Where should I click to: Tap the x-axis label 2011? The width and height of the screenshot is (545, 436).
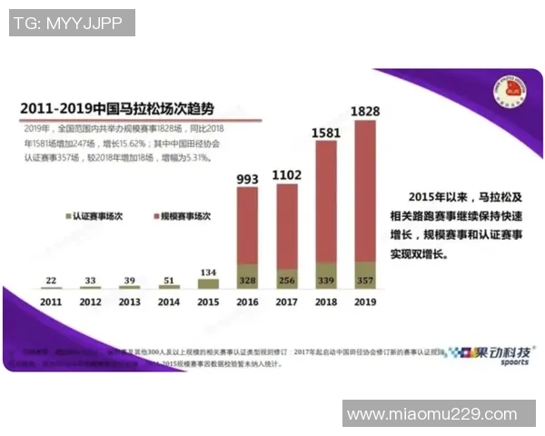click(x=51, y=302)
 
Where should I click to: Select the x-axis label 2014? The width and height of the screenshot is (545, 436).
click(x=169, y=302)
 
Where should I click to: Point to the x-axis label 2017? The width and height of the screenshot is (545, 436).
click(x=287, y=302)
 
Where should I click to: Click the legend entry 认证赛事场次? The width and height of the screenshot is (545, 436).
click(x=96, y=217)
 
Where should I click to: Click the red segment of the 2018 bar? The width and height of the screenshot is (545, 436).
click(x=325, y=200)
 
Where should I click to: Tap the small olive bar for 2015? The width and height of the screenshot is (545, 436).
click(x=209, y=283)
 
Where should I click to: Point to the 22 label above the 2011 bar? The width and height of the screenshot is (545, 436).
click(x=51, y=281)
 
